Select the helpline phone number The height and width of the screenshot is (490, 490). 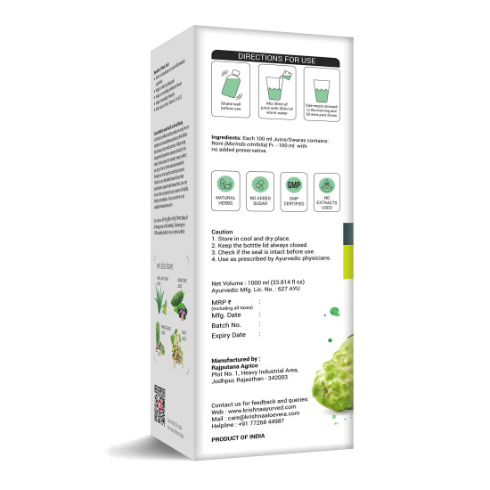(x=282, y=423)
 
